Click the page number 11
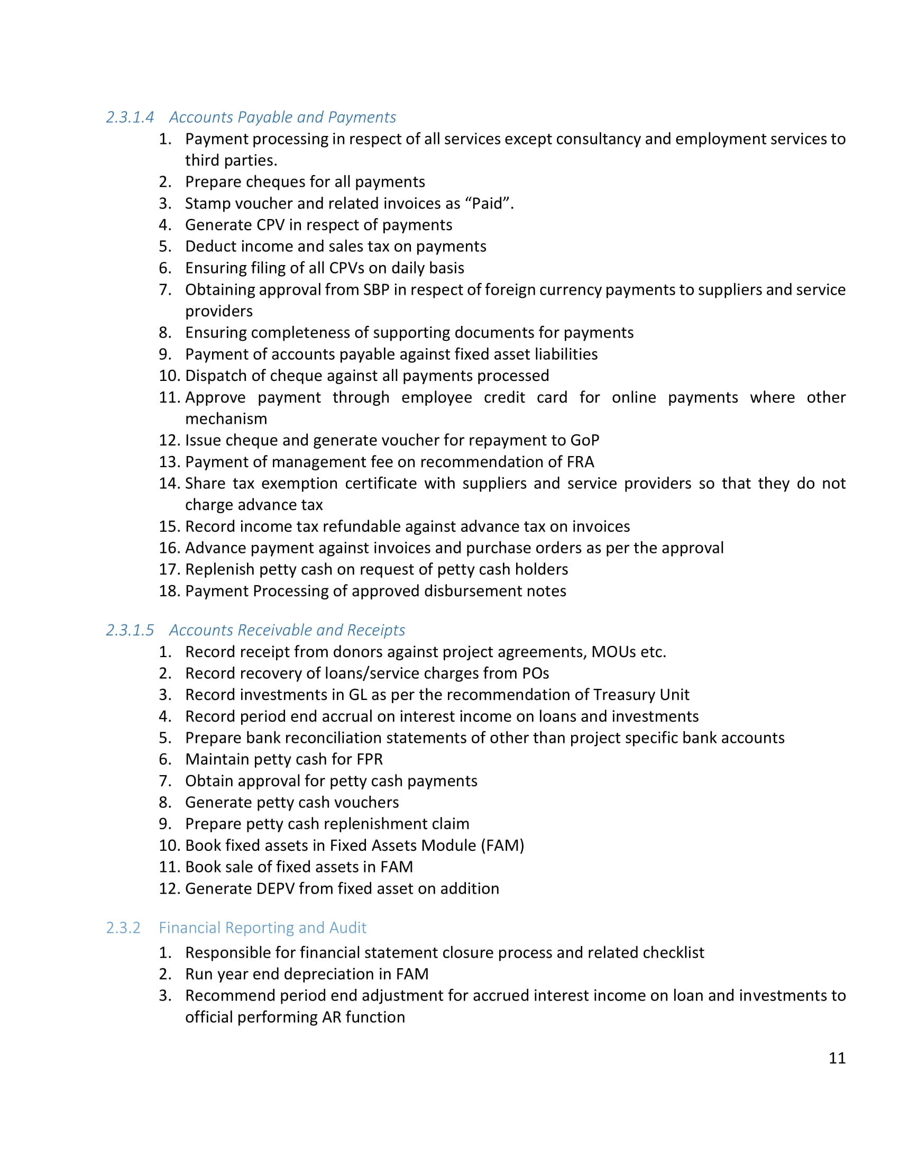837,1058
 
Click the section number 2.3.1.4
130,117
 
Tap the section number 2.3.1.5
130,630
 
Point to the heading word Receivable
274,630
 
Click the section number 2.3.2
123,927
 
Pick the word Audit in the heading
348,927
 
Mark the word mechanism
226,419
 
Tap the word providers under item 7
219,311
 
